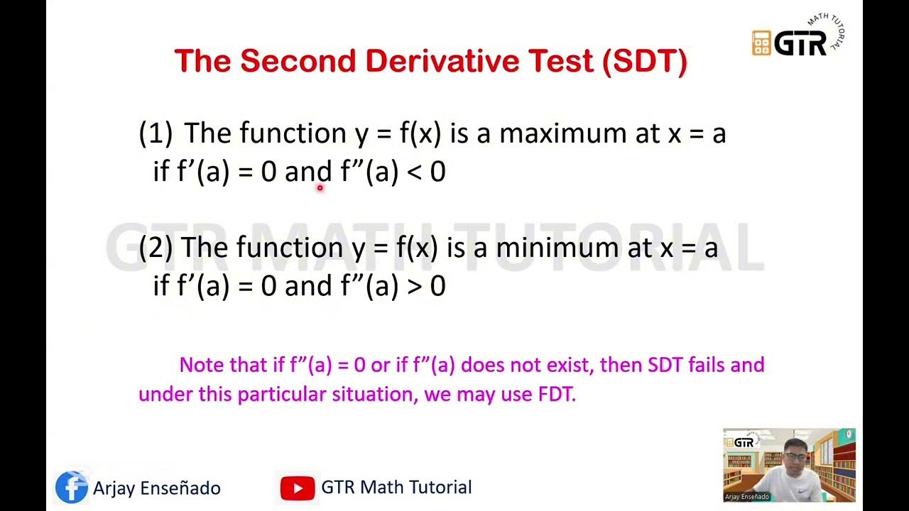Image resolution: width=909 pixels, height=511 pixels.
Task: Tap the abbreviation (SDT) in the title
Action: [x=644, y=62]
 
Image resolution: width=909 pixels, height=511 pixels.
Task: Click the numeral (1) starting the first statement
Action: [x=156, y=133]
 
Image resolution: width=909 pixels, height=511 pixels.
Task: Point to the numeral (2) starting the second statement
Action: [x=156, y=247]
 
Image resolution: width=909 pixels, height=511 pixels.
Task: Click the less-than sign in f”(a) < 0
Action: [x=414, y=172]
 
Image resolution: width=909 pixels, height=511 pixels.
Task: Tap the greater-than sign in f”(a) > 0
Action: [x=414, y=285]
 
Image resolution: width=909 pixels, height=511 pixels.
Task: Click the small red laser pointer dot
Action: [x=320, y=188]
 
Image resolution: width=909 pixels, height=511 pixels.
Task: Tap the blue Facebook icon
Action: [x=72, y=488]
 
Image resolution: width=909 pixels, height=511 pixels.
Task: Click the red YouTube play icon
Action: [x=298, y=488]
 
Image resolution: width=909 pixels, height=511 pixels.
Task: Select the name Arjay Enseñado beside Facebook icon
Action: [x=157, y=488]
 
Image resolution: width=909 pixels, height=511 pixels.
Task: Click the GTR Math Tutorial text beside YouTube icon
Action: [x=396, y=488]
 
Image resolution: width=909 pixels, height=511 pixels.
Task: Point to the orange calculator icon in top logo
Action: [x=761, y=43]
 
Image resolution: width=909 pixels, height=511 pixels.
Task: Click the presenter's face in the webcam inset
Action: [x=795, y=454]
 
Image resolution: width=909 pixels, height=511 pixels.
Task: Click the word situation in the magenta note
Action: [x=372, y=395]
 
